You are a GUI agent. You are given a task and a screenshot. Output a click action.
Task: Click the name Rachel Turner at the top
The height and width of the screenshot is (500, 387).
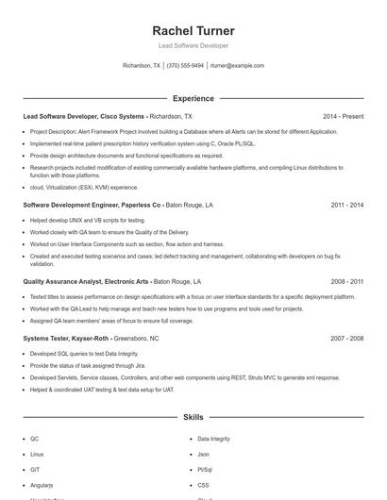(193, 31)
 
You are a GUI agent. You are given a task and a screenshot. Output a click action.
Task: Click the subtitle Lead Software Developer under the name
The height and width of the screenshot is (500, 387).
(193, 45)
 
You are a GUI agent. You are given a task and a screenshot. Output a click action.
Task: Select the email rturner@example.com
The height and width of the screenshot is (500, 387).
(237, 66)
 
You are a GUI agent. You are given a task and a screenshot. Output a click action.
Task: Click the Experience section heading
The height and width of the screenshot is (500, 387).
(193, 98)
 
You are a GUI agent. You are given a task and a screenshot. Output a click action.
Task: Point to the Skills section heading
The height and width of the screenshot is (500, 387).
(193, 416)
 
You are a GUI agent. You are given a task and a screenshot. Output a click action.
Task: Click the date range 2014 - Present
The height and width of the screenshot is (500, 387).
(343, 116)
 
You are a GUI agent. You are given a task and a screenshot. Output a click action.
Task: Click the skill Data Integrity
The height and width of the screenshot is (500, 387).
(212, 439)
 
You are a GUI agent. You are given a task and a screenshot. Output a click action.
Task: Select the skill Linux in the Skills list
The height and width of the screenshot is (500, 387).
(37, 454)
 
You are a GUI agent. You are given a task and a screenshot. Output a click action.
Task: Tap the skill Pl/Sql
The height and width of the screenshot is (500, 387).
(205, 469)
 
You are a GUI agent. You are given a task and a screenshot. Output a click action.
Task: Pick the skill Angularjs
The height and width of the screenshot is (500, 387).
(42, 484)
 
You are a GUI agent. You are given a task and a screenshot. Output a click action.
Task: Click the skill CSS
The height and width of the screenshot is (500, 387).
(203, 484)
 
